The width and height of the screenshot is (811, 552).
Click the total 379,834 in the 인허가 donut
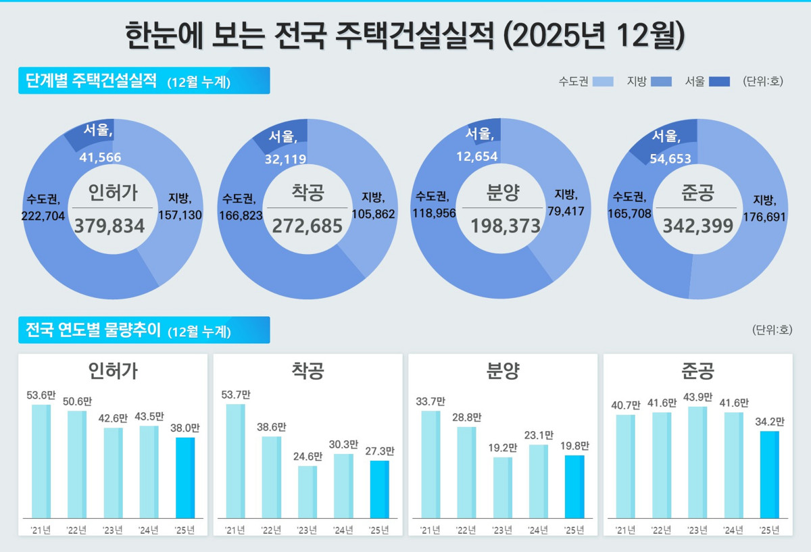coord(109,226)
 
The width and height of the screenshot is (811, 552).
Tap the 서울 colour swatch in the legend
coord(720,82)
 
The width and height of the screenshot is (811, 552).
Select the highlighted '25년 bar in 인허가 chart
coord(185,478)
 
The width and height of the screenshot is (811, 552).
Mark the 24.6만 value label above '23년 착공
coord(308,457)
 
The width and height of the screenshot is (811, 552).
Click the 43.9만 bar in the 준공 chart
coord(697,462)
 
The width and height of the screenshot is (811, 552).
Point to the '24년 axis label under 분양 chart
coord(539,530)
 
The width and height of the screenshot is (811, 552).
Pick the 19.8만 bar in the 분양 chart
coord(574,486)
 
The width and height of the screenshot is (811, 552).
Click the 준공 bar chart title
coord(697,370)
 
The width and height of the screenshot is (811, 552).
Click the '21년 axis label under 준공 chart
coord(626,530)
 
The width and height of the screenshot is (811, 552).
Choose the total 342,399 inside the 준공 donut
coord(698,226)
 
